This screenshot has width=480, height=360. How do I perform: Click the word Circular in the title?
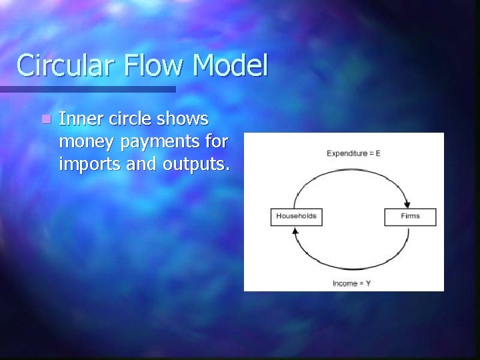(x=65, y=65)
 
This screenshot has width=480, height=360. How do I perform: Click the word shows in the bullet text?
(x=185, y=119)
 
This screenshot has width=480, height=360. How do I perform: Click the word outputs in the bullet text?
(x=195, y=163)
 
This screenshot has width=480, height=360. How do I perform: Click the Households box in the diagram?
(x=296, y=216)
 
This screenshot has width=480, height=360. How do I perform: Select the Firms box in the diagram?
(x=411, y=216)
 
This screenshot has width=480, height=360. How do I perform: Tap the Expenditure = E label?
(x=353, y=153)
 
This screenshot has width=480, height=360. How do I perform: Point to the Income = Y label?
(x=351, y=283)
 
